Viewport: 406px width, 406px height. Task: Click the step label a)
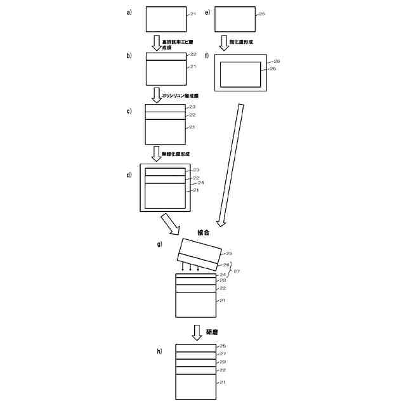coord(129,13)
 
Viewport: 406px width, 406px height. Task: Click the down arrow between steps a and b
coord(156,43)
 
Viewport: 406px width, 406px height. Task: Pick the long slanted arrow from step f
coord(232,165)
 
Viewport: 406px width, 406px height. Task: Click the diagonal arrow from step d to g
coord(170,223)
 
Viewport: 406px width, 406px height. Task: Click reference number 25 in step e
coord(260,13)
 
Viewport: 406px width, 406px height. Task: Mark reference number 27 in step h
coord(223,354)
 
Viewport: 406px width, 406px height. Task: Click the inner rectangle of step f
coord(240,74)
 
